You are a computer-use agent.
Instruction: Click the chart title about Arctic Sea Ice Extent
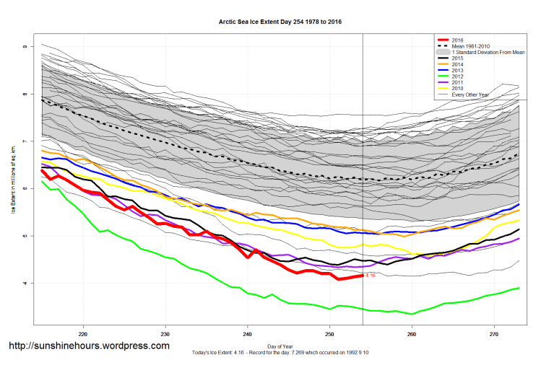coord(280,22)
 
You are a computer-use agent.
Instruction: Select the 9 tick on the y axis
coord(24,46)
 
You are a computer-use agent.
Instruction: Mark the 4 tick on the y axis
coord(24,283)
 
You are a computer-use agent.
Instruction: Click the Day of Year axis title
coord(280,346)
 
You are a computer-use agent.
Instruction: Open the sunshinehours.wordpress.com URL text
coord(89,346)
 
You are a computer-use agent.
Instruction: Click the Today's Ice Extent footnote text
coord(280,352)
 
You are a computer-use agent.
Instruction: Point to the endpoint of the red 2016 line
coord(362,276)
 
